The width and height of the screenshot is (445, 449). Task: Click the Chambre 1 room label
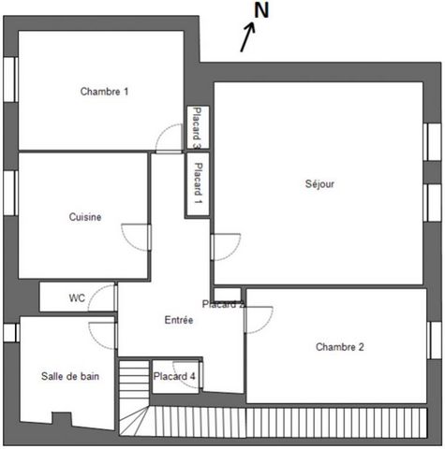tap(104, 92)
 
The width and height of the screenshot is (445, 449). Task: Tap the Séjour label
tap(319, 183)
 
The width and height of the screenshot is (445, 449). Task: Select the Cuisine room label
tap(85, 217)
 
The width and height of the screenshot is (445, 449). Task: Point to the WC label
tap(77, 297)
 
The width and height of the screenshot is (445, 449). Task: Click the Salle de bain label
tap(70, 376)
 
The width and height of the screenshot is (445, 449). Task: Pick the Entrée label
tap(179, 320)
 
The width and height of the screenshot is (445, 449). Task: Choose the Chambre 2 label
tap(340, 347)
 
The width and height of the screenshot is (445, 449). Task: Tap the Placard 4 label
tap(174, 376)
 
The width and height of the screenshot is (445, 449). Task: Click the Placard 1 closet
tap(198, 184)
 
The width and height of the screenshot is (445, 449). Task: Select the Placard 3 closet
tap(198, 127)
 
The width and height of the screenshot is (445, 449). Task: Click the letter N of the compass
tap(261, 10)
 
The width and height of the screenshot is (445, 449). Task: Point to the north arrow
tap(247, 36)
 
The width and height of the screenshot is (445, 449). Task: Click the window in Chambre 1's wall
tap(10, 80)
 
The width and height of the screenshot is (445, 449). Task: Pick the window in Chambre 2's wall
tap(434, 340)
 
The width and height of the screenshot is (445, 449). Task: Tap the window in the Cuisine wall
tap(10, 193)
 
